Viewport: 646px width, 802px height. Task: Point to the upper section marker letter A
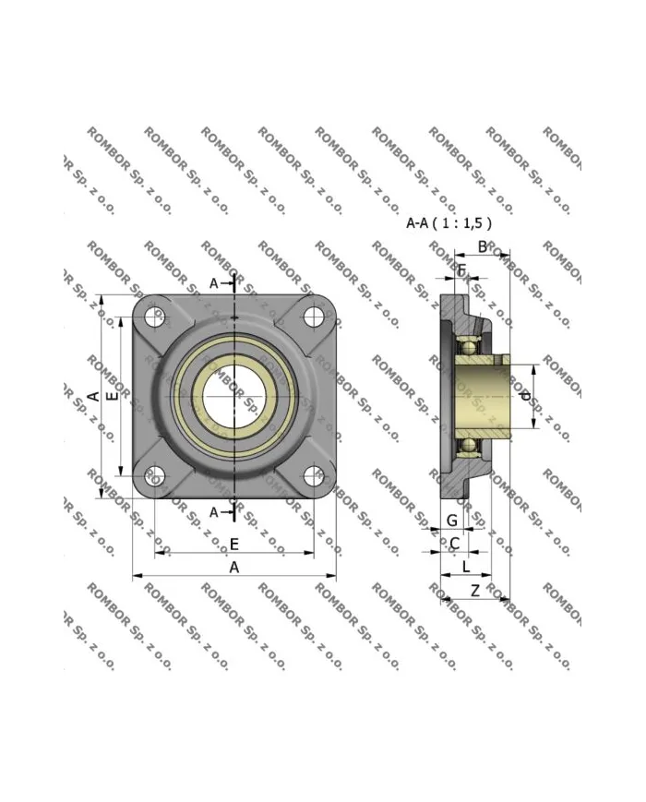(x=214, y=283)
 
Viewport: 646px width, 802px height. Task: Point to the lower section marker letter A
(x=215, y=511)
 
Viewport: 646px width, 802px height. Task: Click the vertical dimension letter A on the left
(x=93, y=396)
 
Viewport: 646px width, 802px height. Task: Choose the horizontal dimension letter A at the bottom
(x=234, y=567)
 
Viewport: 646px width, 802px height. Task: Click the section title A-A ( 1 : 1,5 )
(x=449, y=222)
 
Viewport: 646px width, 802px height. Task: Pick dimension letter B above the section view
(x=482, y=246)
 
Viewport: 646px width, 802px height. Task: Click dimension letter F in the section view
(x=462, y=270)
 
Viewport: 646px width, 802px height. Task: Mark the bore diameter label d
(x=525, y=396)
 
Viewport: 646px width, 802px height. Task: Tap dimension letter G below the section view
(x=451, y=521)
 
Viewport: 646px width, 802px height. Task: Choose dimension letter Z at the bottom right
(x=474, y=590)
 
